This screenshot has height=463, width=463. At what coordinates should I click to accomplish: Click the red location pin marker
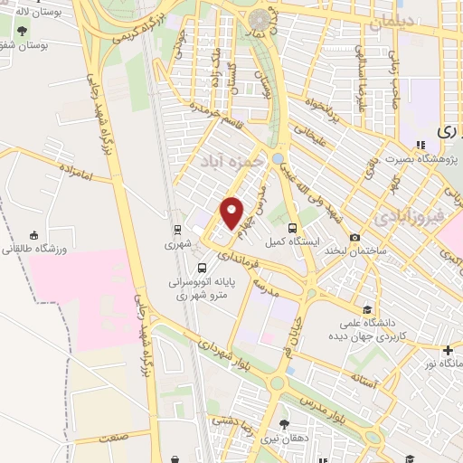pyautogui.click(x=232, y=212)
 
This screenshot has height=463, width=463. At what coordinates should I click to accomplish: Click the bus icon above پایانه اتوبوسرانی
pyautogui.click(x=202, y=268)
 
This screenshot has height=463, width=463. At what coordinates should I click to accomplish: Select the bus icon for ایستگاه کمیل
pyautogui.click(x=292, y=228)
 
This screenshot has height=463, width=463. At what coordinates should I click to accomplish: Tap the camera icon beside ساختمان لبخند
pyautogui.click(x=354, y=236)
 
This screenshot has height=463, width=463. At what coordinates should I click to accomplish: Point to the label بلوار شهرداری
pyautogui.click(x=207, y=347)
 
